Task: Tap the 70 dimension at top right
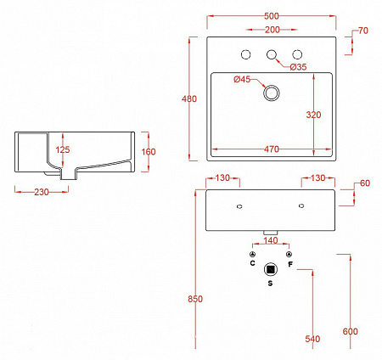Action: click(364, 31)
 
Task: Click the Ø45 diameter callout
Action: click(244, 80)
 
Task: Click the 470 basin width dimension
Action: click(271, 149)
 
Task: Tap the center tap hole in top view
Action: click(272, 56)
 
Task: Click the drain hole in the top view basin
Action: click(272, 93)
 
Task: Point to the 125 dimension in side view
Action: click(62, 150)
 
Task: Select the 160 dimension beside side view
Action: click(149, 151)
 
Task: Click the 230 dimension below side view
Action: click(35, 191)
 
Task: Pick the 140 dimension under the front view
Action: click(271, 241)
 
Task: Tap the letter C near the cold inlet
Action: click(252, 264)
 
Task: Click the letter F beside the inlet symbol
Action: click(290, 264)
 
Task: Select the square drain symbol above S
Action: click(271, 269)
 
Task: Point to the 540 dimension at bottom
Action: click(312, 339)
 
